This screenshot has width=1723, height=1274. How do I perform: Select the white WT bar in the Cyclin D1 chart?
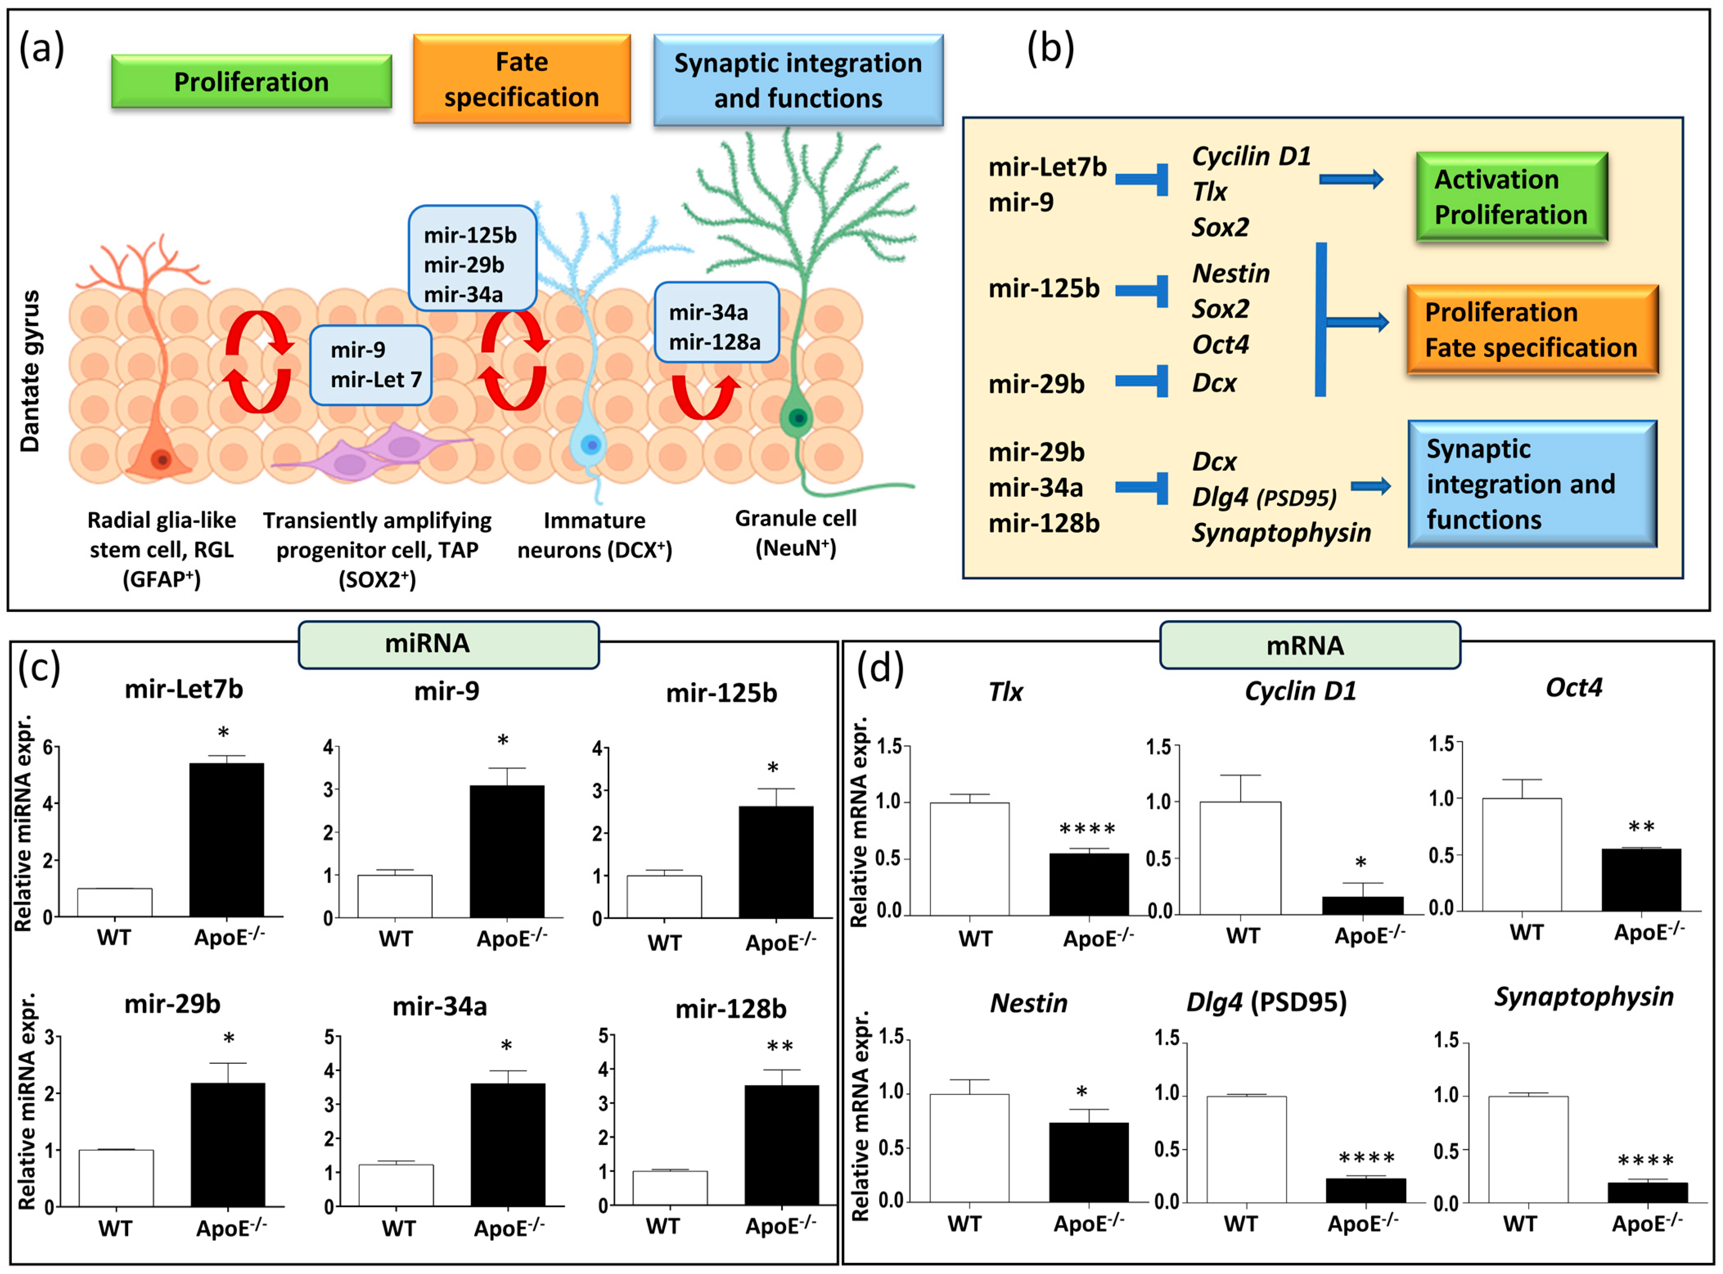(x=1240, y=857)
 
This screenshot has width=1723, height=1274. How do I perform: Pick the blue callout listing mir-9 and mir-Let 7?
(x=370, y=365)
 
